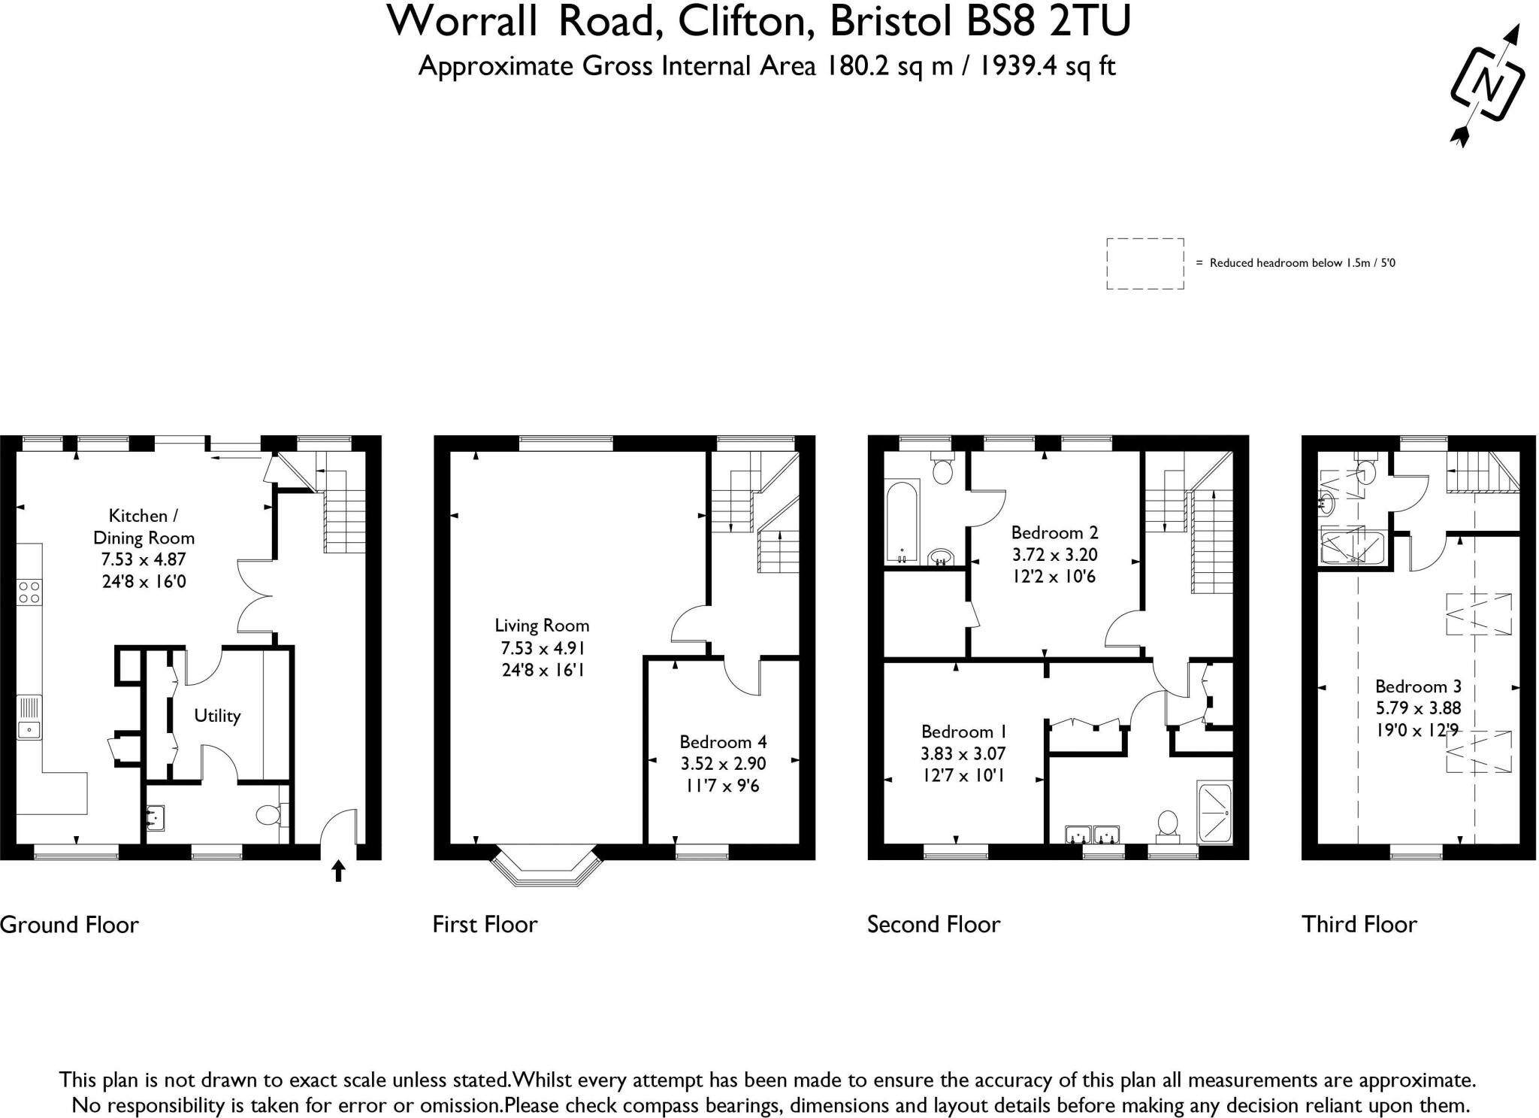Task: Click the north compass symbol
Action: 1486,84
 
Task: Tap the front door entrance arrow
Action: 338,871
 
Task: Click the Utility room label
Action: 217,715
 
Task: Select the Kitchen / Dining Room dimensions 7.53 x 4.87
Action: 144,559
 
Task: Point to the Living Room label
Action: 542,625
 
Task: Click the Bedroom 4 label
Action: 723,741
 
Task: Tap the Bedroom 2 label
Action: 1054,532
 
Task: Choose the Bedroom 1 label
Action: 963,731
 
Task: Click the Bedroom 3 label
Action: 1418,686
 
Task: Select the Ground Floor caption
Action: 70,924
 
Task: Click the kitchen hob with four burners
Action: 30,591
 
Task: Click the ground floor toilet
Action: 268,814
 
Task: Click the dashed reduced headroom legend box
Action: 1144,263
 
